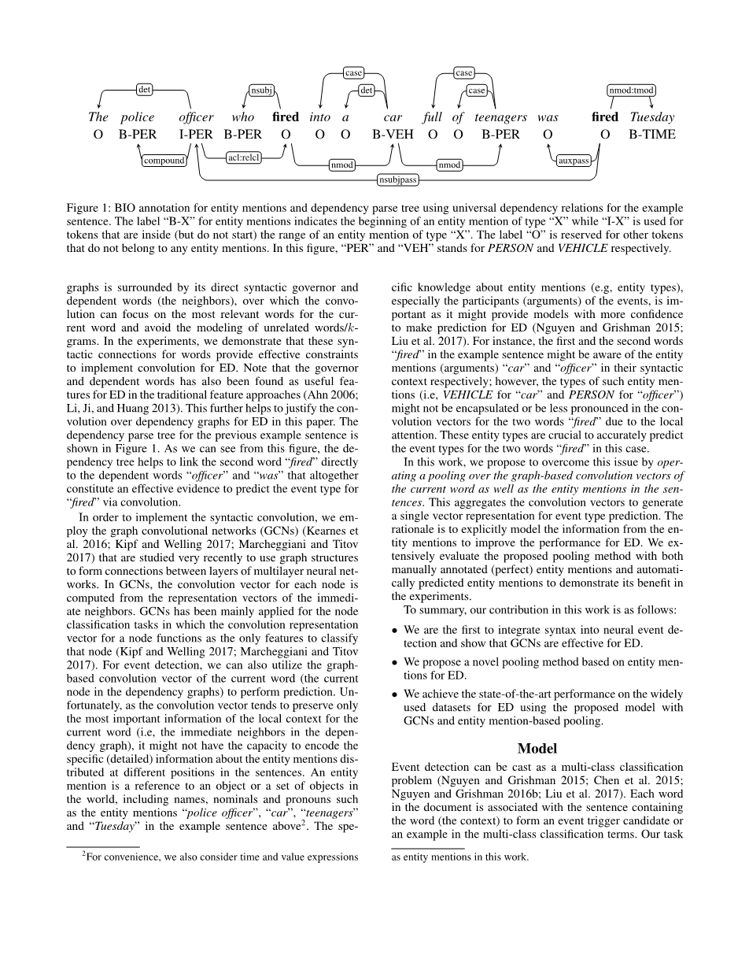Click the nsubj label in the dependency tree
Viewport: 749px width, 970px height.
pos(261,90)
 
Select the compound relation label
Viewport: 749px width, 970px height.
pos(164,161)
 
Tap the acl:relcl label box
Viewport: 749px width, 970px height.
pos(243,157)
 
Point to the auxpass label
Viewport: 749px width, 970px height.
pos(574,161)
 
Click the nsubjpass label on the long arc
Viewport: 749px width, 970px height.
pos(397,180)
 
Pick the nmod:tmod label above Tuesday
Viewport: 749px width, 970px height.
pos(631,90)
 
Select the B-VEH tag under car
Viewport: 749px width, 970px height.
pos(393,134)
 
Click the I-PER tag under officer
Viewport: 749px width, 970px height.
pos(196,134)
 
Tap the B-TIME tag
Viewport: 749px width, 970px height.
pos(651,134)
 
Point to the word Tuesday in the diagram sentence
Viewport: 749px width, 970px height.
pos(652,117)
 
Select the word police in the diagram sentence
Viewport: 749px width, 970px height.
pos(138,117)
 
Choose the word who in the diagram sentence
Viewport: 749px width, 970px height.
pos(243,117)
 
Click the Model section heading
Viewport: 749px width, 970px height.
pos(537,748)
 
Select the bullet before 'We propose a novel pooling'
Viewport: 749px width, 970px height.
pos(395,662)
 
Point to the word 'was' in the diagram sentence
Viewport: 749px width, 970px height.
pos(548,117)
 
